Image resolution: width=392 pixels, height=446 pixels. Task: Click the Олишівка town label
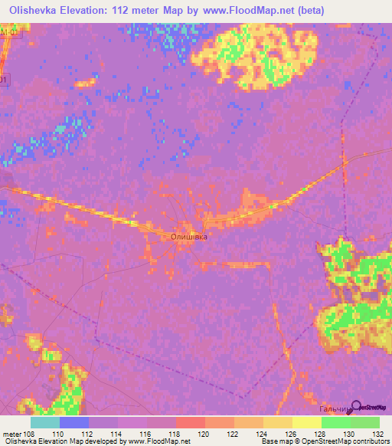tap(188, 238)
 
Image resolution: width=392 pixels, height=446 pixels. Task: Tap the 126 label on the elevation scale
tap(292, 434)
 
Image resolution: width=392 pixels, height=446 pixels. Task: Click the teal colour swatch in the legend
tap(44, 422)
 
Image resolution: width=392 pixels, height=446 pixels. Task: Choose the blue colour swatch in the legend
tap(73, 422)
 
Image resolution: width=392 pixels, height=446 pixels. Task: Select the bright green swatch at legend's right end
tap(364, 422)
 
